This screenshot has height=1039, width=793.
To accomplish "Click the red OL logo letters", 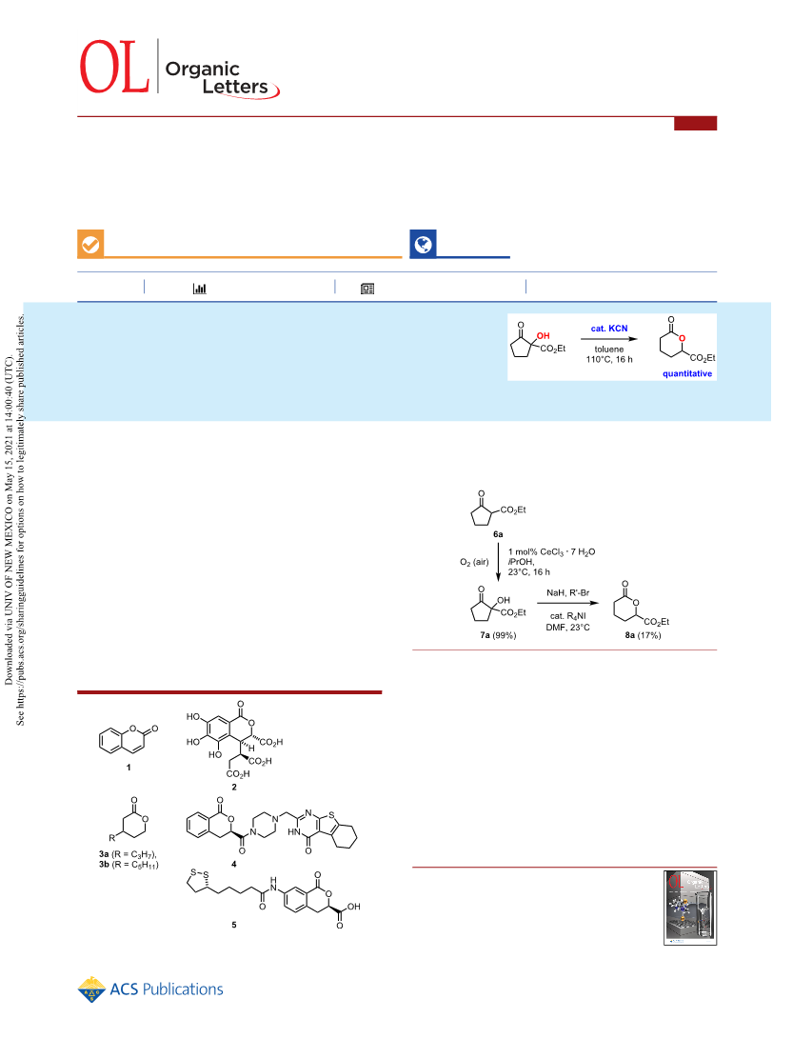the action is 114,67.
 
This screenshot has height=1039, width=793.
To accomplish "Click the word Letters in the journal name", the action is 235,87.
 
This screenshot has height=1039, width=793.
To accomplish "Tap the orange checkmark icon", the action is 90,245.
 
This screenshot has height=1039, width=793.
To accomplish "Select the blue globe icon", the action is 424,245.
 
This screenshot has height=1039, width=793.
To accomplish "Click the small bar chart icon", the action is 199,289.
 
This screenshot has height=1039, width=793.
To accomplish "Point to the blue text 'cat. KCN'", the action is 609,328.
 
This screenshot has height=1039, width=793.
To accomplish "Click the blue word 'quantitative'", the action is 687,373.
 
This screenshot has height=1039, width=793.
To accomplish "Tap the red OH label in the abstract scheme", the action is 544,336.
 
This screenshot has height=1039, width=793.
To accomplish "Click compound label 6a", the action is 498,534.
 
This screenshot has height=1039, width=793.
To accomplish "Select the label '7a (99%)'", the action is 498,635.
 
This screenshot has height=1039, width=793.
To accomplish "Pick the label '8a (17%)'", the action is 643,635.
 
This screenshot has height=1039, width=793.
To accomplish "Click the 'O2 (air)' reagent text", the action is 474,562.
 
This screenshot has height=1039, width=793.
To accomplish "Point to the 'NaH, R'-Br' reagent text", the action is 567,592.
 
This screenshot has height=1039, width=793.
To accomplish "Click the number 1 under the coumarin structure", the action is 129,768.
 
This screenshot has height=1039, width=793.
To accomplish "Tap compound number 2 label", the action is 234,788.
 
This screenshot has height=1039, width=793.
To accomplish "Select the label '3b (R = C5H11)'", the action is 129,864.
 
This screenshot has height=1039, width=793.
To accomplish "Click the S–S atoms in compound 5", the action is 197,872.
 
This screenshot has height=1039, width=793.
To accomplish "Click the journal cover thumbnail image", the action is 689,908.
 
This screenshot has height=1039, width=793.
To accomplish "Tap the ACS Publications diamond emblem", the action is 91,989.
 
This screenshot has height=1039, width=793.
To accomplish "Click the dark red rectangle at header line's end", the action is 695,123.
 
